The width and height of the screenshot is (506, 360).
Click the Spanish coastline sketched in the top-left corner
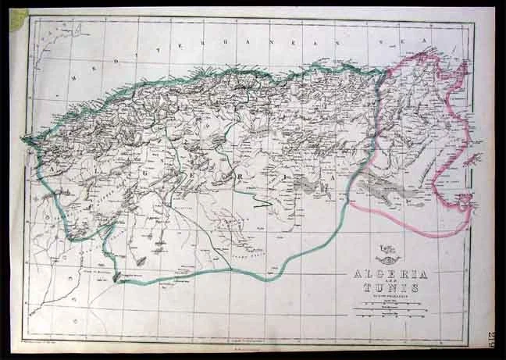click(x=59, y=39)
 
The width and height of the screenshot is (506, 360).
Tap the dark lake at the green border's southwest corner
click(x=116, y=277)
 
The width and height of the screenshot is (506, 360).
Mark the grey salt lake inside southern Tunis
click(x=390, y=188)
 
